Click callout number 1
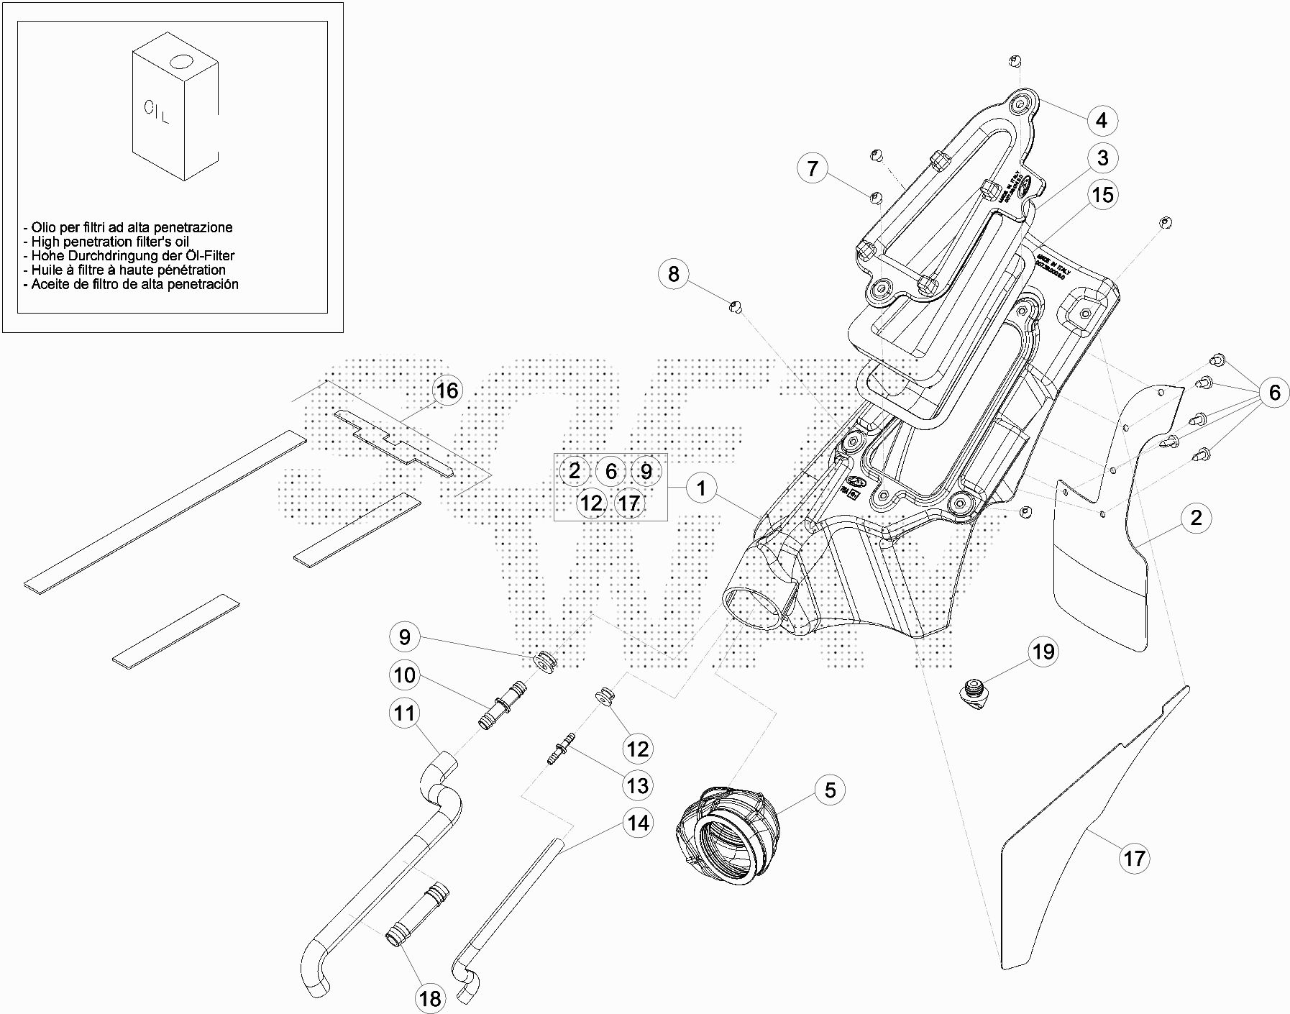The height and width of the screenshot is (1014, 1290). tap(701, 489)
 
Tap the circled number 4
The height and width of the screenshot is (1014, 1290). tap(1102, 120)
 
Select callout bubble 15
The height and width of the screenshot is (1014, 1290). tap(1102, 195)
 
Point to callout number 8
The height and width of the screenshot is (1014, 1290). tap(673, 274)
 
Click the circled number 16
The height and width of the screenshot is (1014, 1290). tap(447, 390)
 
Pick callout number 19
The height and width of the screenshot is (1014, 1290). tap(1043, 652)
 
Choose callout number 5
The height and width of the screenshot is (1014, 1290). tap(830, 790)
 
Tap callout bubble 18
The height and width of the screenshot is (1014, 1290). tap(430, 998)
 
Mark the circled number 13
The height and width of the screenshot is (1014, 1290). tap(637, 786)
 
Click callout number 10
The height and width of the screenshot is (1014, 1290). tap(405, 675)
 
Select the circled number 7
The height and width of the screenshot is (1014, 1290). tap(813, 168)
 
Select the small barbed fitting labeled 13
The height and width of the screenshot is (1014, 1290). tap(562, 749)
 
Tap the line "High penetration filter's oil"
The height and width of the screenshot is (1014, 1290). tap(109, 242)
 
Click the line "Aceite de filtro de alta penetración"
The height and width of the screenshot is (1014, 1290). tap(134, 284)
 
